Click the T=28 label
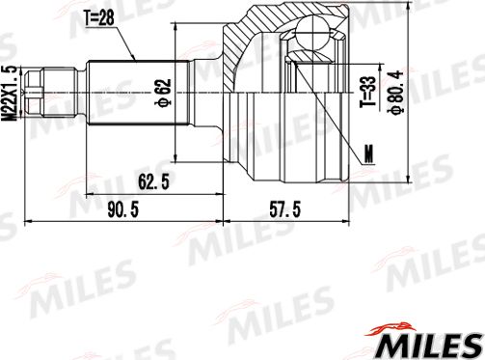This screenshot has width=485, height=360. (x=98, y=15)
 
